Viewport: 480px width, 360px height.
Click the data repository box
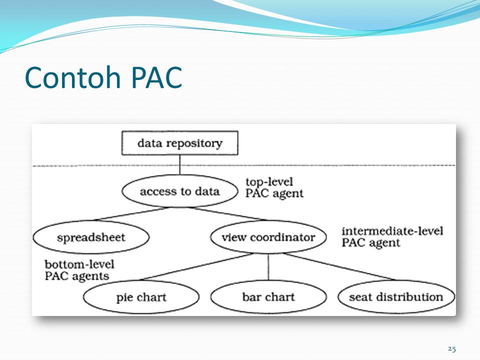(x=179, y=143)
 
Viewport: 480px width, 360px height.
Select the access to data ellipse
(x=179, y=191)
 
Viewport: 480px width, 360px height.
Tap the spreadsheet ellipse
(x=91, y=237)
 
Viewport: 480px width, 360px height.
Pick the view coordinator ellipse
(x=268, y=237)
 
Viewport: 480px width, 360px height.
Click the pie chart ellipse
(x=141, y=297)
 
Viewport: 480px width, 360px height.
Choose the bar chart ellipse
(x=268, y=297)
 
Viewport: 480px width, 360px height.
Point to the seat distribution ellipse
(x=396, y=297)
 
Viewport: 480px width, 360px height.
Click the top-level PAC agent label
(x=274, y=187)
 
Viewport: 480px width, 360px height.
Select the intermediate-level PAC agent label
(x=392, y=237)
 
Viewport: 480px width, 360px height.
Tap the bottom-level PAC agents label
(x=79, y=270)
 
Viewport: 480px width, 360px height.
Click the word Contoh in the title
(x=73, y=77)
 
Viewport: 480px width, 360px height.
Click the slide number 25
(x=452, y=348)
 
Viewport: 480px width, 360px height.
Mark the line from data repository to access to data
(x=179, y=165)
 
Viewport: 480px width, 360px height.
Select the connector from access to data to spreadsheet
(x=131, y=213)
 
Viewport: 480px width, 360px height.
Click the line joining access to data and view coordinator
(x=227, y=213)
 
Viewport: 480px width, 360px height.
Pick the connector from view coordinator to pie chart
(x=196, y=266)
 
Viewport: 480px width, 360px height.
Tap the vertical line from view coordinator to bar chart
(x=268, y=266)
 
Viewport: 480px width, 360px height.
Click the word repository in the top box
(x=198, y=143)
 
